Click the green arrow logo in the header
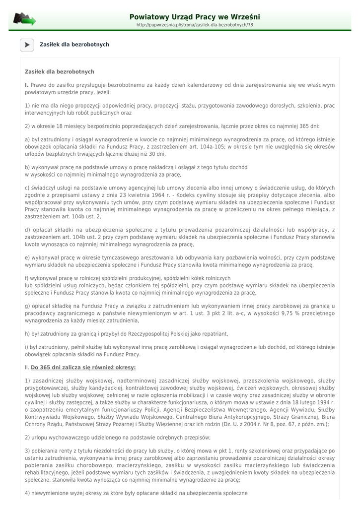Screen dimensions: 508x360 (x=24, y=20)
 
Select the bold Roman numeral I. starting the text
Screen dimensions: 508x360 (x=27, y=85)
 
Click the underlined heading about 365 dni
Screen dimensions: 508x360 (x=83, y=368)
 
